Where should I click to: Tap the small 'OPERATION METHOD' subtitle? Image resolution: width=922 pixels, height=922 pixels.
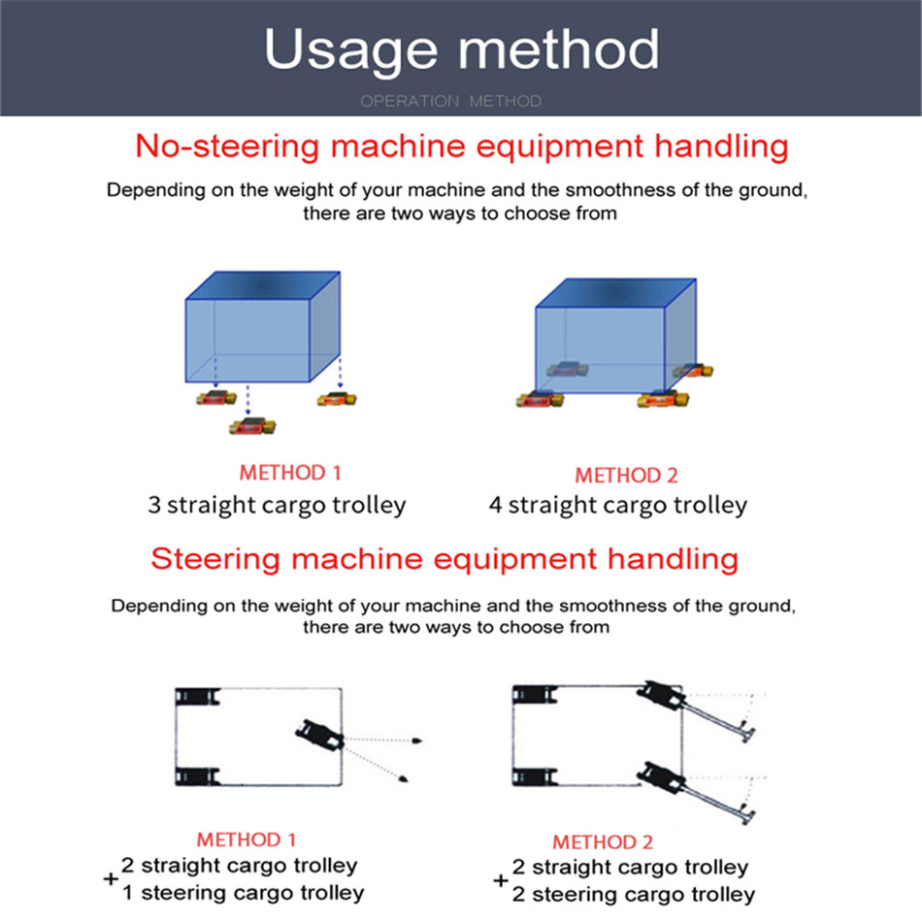451,101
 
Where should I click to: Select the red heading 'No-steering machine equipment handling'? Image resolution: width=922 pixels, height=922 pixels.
462,147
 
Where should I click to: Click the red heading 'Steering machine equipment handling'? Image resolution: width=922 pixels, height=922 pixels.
445,559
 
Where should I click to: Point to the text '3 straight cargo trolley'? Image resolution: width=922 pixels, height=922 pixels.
277,505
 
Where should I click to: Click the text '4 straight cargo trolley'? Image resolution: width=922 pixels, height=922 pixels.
618,505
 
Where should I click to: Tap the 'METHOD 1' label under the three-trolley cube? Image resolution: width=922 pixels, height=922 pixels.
290,473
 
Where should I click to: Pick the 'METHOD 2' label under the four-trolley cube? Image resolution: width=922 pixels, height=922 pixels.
626,476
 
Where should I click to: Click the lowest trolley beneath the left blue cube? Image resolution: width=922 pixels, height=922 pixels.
252,426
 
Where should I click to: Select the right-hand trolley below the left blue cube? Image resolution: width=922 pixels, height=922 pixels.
337,399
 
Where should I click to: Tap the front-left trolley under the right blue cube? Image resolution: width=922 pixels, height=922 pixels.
540,399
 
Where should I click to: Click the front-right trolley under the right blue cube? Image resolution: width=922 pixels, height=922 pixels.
663,399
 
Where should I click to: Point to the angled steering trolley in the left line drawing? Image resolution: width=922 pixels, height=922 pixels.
320,735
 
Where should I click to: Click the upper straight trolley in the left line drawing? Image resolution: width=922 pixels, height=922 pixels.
198,697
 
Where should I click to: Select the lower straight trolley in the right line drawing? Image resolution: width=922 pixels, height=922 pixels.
535,777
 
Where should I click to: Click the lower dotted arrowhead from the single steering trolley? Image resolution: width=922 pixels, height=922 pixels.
404,779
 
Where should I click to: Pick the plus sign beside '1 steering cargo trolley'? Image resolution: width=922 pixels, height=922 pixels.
111,879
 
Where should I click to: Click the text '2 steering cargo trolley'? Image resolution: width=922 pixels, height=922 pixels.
634,895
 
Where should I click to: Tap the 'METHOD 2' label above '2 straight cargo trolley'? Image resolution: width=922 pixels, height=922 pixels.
603,842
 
